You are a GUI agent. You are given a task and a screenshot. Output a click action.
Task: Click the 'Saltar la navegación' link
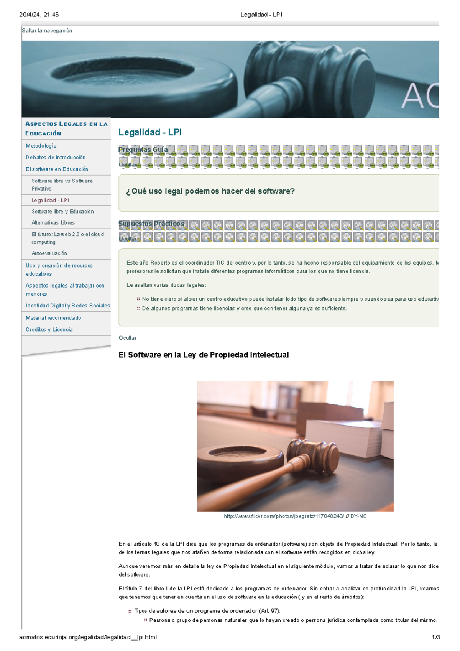click(47, 31)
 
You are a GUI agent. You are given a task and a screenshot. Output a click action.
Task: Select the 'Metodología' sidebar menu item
click(41, 146)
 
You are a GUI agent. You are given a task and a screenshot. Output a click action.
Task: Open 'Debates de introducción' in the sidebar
click(56, 158)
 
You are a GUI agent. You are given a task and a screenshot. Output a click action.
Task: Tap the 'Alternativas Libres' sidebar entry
click(53, 223)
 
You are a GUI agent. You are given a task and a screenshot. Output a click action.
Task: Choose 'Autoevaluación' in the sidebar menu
click(49, 253)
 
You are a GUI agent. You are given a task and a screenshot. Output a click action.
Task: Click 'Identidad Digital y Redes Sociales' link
click(67, 306)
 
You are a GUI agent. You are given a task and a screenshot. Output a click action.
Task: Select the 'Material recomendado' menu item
click(53, 318)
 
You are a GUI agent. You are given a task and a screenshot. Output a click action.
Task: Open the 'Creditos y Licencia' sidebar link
click(49, 330)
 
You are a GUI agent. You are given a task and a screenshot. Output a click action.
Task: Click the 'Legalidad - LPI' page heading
click(150, 132)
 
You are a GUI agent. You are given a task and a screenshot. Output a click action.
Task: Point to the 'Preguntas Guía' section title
click(143, 150)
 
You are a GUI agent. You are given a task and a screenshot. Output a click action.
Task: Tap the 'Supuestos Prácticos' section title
click(151, 224)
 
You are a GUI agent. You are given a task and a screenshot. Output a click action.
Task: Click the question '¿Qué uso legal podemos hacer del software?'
click(210, 191)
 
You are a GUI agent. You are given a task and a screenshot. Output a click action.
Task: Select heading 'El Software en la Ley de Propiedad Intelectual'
click(204, 355)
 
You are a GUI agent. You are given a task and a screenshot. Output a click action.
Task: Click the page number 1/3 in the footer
click(435, 638)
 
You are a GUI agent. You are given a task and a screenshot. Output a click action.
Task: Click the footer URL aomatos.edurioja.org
click(88, 638)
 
